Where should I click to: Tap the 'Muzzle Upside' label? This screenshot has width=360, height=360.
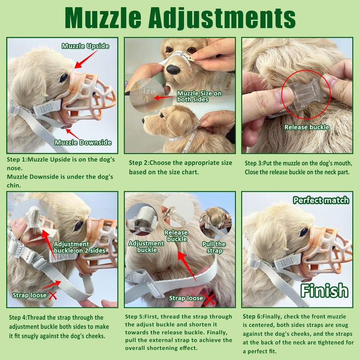(x=85, y=46)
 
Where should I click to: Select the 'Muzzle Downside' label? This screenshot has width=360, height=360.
(x=83, y=143)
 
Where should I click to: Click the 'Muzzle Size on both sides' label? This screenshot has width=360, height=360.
(x=199, y=96)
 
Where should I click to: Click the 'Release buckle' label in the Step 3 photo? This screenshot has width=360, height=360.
(x=306, y=127)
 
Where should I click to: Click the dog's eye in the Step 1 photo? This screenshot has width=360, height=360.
(x=64, y=77)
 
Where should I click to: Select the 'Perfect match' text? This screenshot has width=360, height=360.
(x=321, y=200)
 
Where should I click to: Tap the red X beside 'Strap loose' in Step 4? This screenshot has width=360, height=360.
(x=53, y=296)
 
